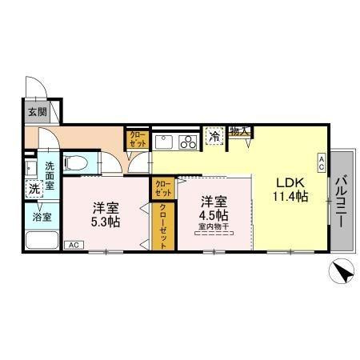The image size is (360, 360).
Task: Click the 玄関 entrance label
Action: pyautogui.click(x=38, y=112)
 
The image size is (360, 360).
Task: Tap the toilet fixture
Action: pyautogui.click(x=76, y=162)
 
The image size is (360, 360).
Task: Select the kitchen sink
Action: pyautogui.click(x=164, y=142)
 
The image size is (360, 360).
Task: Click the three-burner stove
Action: pyautogui.click(x=188, y=142)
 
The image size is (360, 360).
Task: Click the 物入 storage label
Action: pyautogui.click(x=239, y=131)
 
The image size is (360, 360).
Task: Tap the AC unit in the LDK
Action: pyautogui.click(x=322, y=163)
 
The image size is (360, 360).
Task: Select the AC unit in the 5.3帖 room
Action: pyautogui.click(x=74, y=245)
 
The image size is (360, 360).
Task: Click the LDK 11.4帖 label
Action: pyautogui.click(x=290, y=190)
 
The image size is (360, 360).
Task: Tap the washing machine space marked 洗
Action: pyautogui.click(x=34, y=189)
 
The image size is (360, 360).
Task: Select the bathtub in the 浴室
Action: pyautogui.click(x=42, y=240)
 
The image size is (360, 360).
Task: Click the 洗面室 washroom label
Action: pyautogui.click(x=50, y=176)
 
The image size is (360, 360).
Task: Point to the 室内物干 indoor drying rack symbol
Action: pyautogui.click(x=214, y=234)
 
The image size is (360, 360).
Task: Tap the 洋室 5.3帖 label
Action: pyautogui.click(x=106, y=214)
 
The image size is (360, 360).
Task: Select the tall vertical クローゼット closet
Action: pyautogui.click(x=163, y=226)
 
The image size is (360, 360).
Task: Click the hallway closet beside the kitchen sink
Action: pyautogui.click(x=138, y=140)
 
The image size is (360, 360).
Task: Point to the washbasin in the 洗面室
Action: pyautogui.click(x=30, y=169)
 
